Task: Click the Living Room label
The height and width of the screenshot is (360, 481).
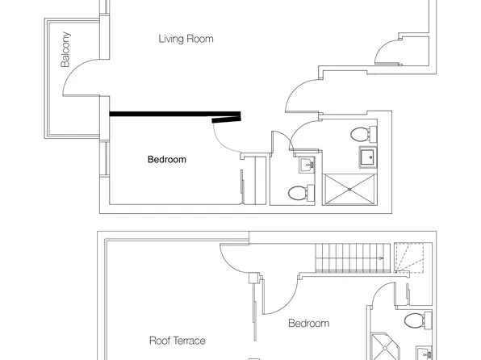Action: pyautogui.click(x=186, y=39)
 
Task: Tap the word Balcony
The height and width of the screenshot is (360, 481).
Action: pyautogui.click(x=65, y=49)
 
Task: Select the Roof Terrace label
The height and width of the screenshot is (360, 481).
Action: pyautogui.click(x=178, y=341)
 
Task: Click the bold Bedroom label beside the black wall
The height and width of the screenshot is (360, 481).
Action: pyautogui.click(x=167, y=159)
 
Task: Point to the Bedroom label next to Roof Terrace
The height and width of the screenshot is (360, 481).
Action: pyautogui.click(x=309, y=323)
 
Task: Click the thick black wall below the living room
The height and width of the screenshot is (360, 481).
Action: pyautogui.click(x=175, y=114)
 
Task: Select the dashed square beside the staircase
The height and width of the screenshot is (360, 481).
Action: pyautogui.click(x=408, y=257)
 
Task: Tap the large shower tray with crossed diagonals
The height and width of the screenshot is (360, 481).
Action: pyautogui.click(x=349, y=190)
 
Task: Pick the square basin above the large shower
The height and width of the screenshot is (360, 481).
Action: pyautogui.click(x=368, y=157)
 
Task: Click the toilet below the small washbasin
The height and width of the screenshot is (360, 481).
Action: pyautogui.click(x=301, y=192)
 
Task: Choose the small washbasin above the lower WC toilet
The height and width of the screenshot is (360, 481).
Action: pyautogui.click(x=307, y=165)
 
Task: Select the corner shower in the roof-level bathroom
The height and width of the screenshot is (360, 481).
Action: pyautogui.click(x=385, y=346)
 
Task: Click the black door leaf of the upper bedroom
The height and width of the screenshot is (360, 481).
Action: pyautogui.click(x=227, y=119)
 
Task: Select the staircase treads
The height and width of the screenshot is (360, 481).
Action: pyautogui.click(x=353, y=257)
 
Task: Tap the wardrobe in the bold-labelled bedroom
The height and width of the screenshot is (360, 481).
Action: pyautogui.click(x=253, y=180)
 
